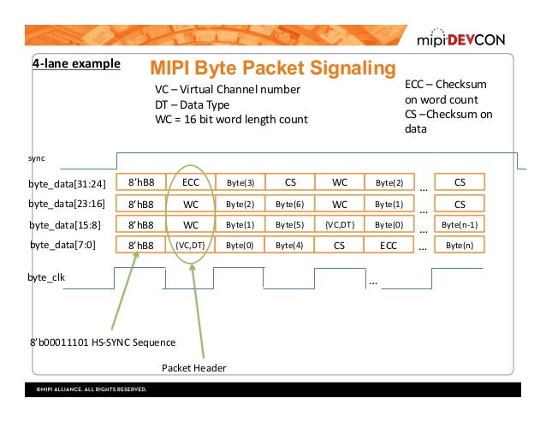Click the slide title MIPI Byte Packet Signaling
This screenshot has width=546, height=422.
(272, 68)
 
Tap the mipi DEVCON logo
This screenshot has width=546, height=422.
(463, 39)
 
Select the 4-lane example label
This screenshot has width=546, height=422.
(76, 64)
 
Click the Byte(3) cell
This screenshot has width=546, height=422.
(240, 182)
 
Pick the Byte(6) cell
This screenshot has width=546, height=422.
(290, 204)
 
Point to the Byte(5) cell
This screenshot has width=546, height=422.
(290, 225)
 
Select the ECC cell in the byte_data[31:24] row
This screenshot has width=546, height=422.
(191, 182)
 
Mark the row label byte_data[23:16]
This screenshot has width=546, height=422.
(67, 204)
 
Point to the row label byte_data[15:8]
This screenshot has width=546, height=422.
(68, 225)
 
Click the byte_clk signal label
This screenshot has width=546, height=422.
(47, 278)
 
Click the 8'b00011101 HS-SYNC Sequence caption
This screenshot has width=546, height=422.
(102, 342)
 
